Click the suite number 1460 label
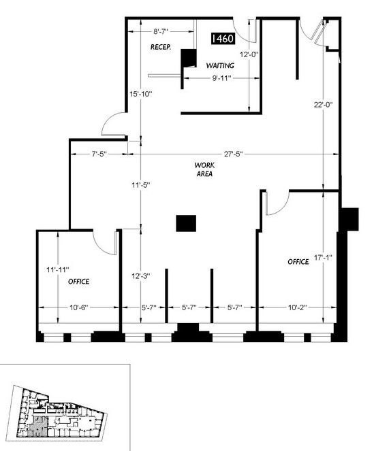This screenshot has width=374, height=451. pos(223,39)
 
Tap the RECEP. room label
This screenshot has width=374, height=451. pos(161,47)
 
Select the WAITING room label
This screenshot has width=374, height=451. pos(220,65)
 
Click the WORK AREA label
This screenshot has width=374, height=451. pos(204,169)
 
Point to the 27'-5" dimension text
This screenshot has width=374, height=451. pos(234,154)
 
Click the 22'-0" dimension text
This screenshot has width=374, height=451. pos(324,105)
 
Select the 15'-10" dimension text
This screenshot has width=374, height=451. pos(140,94)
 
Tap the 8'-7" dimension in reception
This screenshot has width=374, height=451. pos(161,32)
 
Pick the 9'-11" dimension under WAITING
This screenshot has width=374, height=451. pos(222,78)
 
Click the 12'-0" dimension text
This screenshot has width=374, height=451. pos(249,54)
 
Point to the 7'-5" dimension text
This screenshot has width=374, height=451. pos(99,154)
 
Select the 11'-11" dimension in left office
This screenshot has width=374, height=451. pos(58,270)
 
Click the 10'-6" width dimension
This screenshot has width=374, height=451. pos(78,307)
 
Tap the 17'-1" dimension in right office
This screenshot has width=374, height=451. pos(323,257)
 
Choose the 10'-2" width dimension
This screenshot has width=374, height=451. pos(298,307)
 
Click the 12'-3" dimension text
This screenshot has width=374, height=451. pos(141,276)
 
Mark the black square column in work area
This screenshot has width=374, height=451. pos(186,223)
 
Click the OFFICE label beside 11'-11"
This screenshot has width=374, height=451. pos(78,282)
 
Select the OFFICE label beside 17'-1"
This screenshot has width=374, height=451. pos(298,262)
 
